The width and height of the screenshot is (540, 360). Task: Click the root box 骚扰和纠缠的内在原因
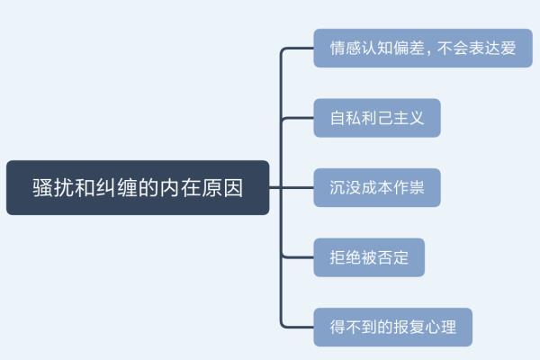coord(138,188)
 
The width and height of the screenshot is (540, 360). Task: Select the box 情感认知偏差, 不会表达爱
coord(422,48)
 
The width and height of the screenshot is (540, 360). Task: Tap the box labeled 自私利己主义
coord(377,118)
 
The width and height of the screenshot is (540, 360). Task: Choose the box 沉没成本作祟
coord(377,188)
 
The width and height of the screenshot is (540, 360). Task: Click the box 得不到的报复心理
coord(392,328)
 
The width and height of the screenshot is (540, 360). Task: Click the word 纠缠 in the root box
coord(116,188)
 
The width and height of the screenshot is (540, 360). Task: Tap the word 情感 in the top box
coord(343,48)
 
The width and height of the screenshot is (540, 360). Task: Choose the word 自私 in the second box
coord(343,118)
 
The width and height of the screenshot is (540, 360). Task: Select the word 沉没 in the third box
coord(343,188)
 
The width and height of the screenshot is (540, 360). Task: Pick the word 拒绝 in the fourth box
coord(343,257)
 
